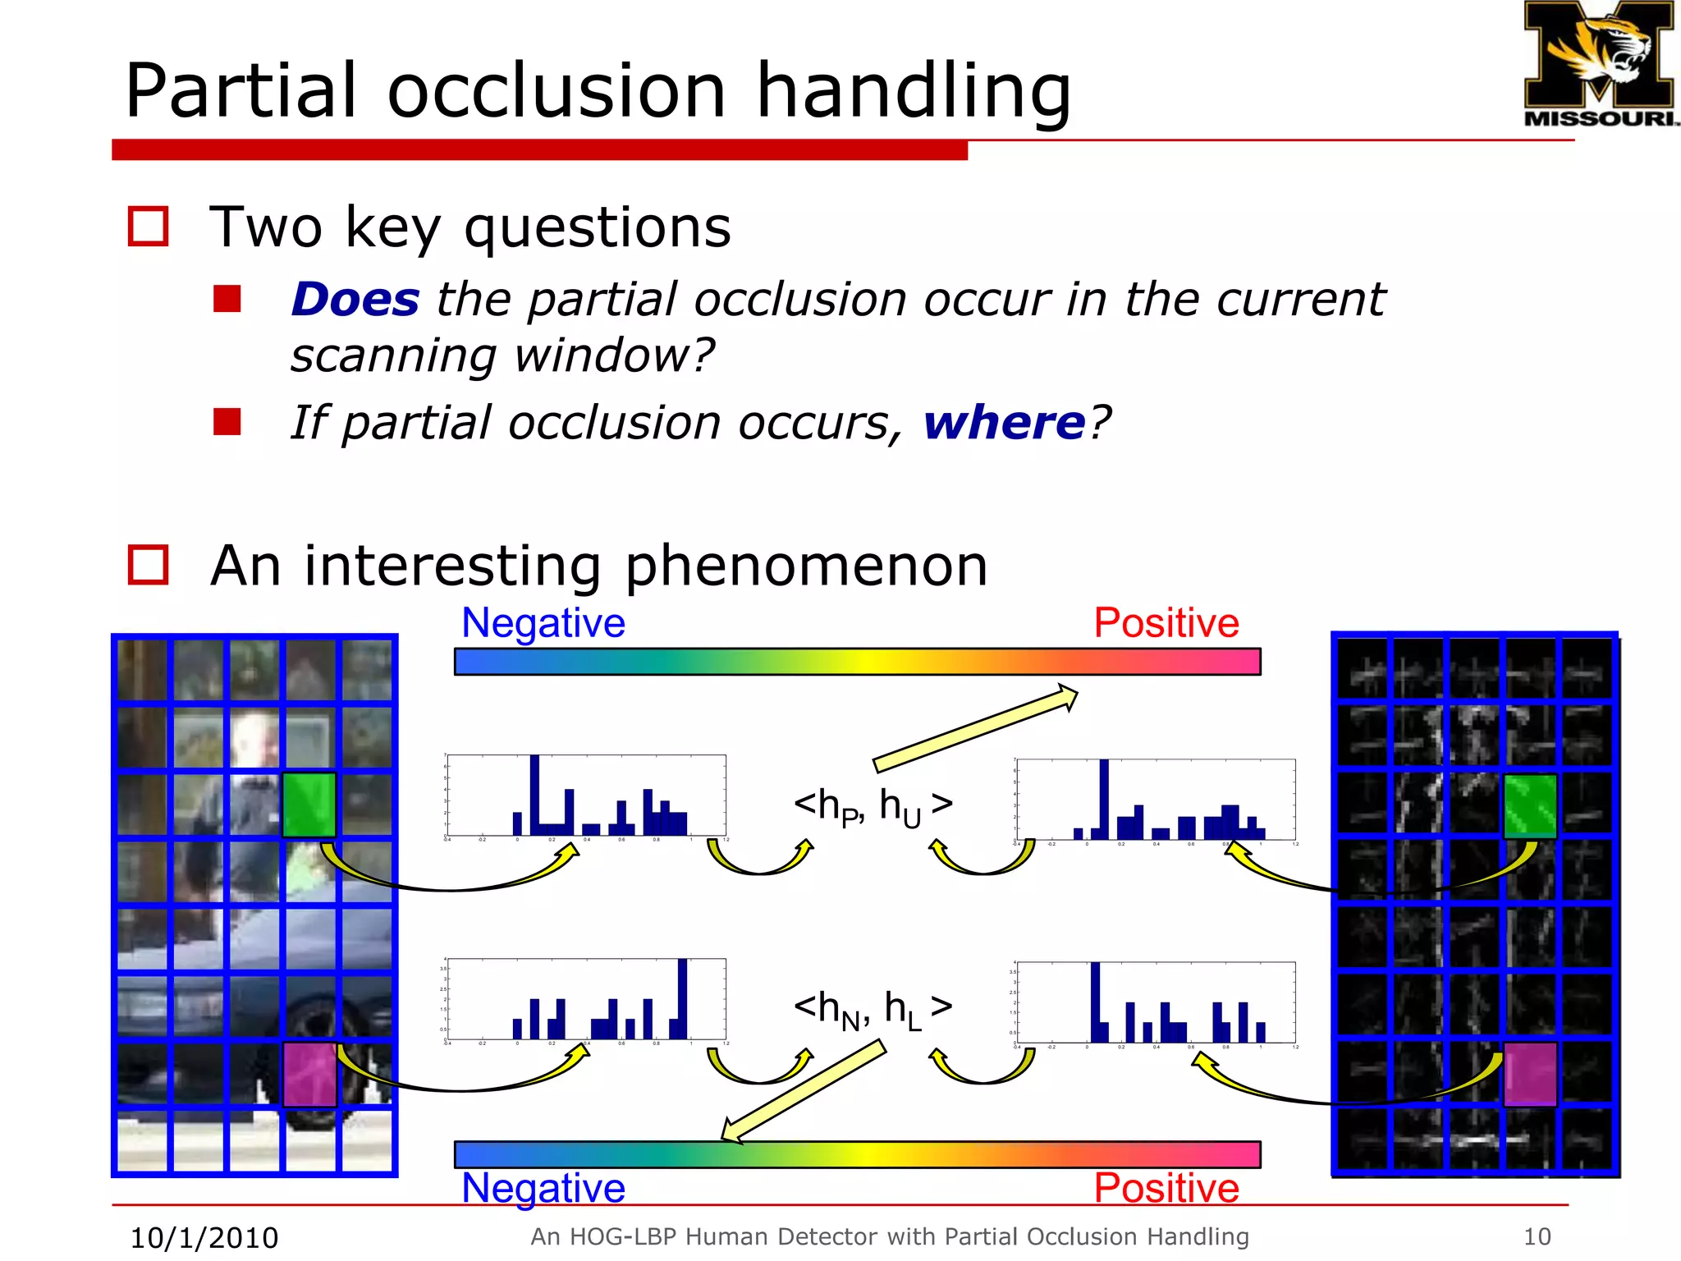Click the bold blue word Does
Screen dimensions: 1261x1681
[x=355, y=299]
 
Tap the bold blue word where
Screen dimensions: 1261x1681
[x=1005, y=423]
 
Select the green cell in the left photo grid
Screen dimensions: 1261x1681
[x=309, y=805]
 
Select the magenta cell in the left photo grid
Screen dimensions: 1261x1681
[x=309, y=1074]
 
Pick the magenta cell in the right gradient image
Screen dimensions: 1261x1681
[x=1530, y=1074]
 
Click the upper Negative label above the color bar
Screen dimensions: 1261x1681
[x=543, y=622]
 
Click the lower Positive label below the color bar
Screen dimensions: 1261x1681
[x=1166, y=1188]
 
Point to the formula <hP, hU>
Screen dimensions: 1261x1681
[x=873, y=806]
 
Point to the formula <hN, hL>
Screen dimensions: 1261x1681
[x=873, y=1008]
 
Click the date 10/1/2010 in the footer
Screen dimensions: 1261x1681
[x=204, y=1237]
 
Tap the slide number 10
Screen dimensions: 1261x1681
[x=1537, y=1236]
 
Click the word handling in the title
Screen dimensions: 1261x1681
[x=913, y=90]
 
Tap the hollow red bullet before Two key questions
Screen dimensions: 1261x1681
[x=149, y=227]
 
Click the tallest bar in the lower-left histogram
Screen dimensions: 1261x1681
[x=682, y=998]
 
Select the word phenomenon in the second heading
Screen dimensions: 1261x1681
[x=806, y=566]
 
